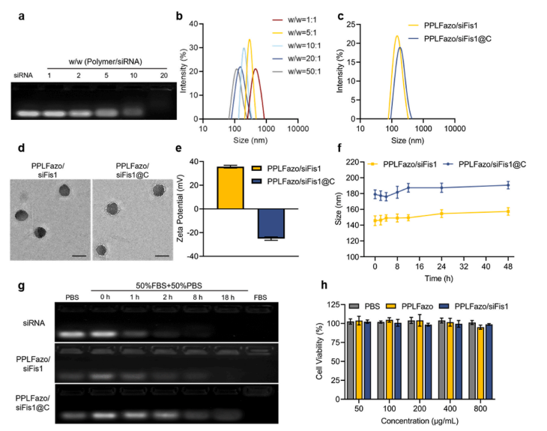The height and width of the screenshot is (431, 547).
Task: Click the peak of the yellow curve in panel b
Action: pyautogui.click(x=250, y=40)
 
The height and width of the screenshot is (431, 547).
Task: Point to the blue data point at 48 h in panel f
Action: pyautogui.click(x=507, y=185)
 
